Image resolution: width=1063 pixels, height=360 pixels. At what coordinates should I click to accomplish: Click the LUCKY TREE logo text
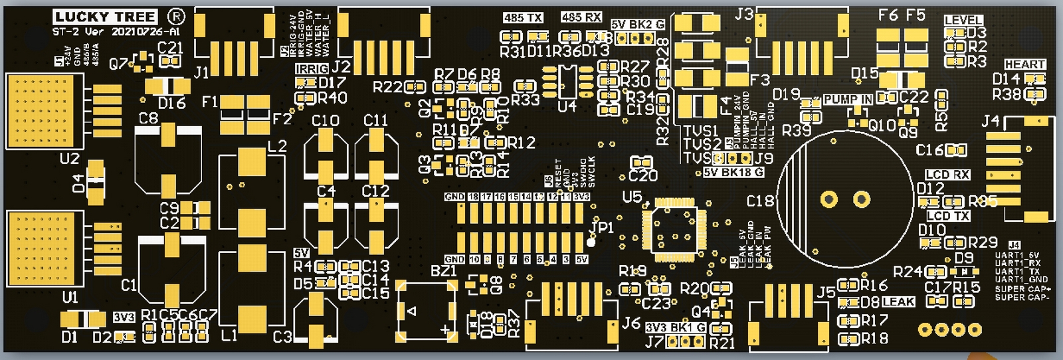pyautogui.click(x=105, y=17)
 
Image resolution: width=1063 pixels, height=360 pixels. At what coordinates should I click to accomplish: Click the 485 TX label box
pyautogui.click(x=523, y=18)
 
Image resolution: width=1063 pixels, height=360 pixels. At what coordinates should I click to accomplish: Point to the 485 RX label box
pyautogui.click(x=581, y=17)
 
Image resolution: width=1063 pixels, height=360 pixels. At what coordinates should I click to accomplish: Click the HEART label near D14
pyautogui.click(x=1025, y=64)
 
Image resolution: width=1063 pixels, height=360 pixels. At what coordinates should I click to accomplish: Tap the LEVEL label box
pyautogui.click(x=963, y=21)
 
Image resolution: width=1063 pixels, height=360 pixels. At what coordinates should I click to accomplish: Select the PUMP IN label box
pyautogui.click(x=848, y=100)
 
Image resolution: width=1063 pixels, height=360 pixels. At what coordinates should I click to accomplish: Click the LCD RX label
pyautogui.click(x=947, y=175)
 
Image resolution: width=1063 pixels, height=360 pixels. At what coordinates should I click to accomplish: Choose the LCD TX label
pyautogui.click(x=948, y=216)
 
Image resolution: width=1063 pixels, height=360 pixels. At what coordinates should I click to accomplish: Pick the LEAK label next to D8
pyautogui.click(x=898, y=302)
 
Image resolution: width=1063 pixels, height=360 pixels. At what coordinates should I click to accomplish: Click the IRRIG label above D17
pyautogui.click(x=312, y=69)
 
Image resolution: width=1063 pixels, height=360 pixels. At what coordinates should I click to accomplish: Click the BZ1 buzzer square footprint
pyautogui.click(x=427, y=311)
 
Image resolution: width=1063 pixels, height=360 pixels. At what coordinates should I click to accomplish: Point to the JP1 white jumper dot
pyautogui.click(x=591, y=241)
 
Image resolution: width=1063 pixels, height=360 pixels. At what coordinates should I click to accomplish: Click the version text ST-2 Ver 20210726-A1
pyautogui.click(x=116, y=32)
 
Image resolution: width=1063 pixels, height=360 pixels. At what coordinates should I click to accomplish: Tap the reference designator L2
pyautogui.click(x=277, y=146)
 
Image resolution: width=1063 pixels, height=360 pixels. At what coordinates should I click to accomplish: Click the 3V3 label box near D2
pyautogui.click(x=124, y=317)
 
